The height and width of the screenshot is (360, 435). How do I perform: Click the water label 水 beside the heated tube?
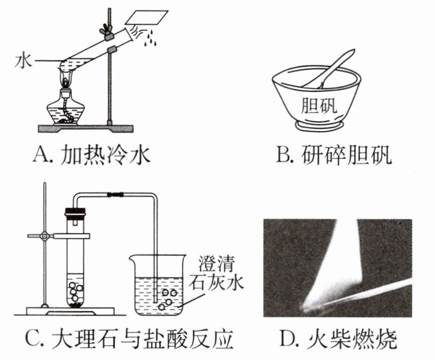pos(24,61)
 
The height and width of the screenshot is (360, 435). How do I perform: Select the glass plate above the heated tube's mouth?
pos(147,17)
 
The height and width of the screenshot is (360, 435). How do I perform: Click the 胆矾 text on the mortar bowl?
pos(319,106)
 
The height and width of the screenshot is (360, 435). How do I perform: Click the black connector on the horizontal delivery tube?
pos(115,195)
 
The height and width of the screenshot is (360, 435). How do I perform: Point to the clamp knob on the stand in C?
pos(44,236)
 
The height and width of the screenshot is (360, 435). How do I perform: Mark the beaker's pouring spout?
pos(131,258)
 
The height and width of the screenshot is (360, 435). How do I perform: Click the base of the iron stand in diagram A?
pos(86,128)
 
